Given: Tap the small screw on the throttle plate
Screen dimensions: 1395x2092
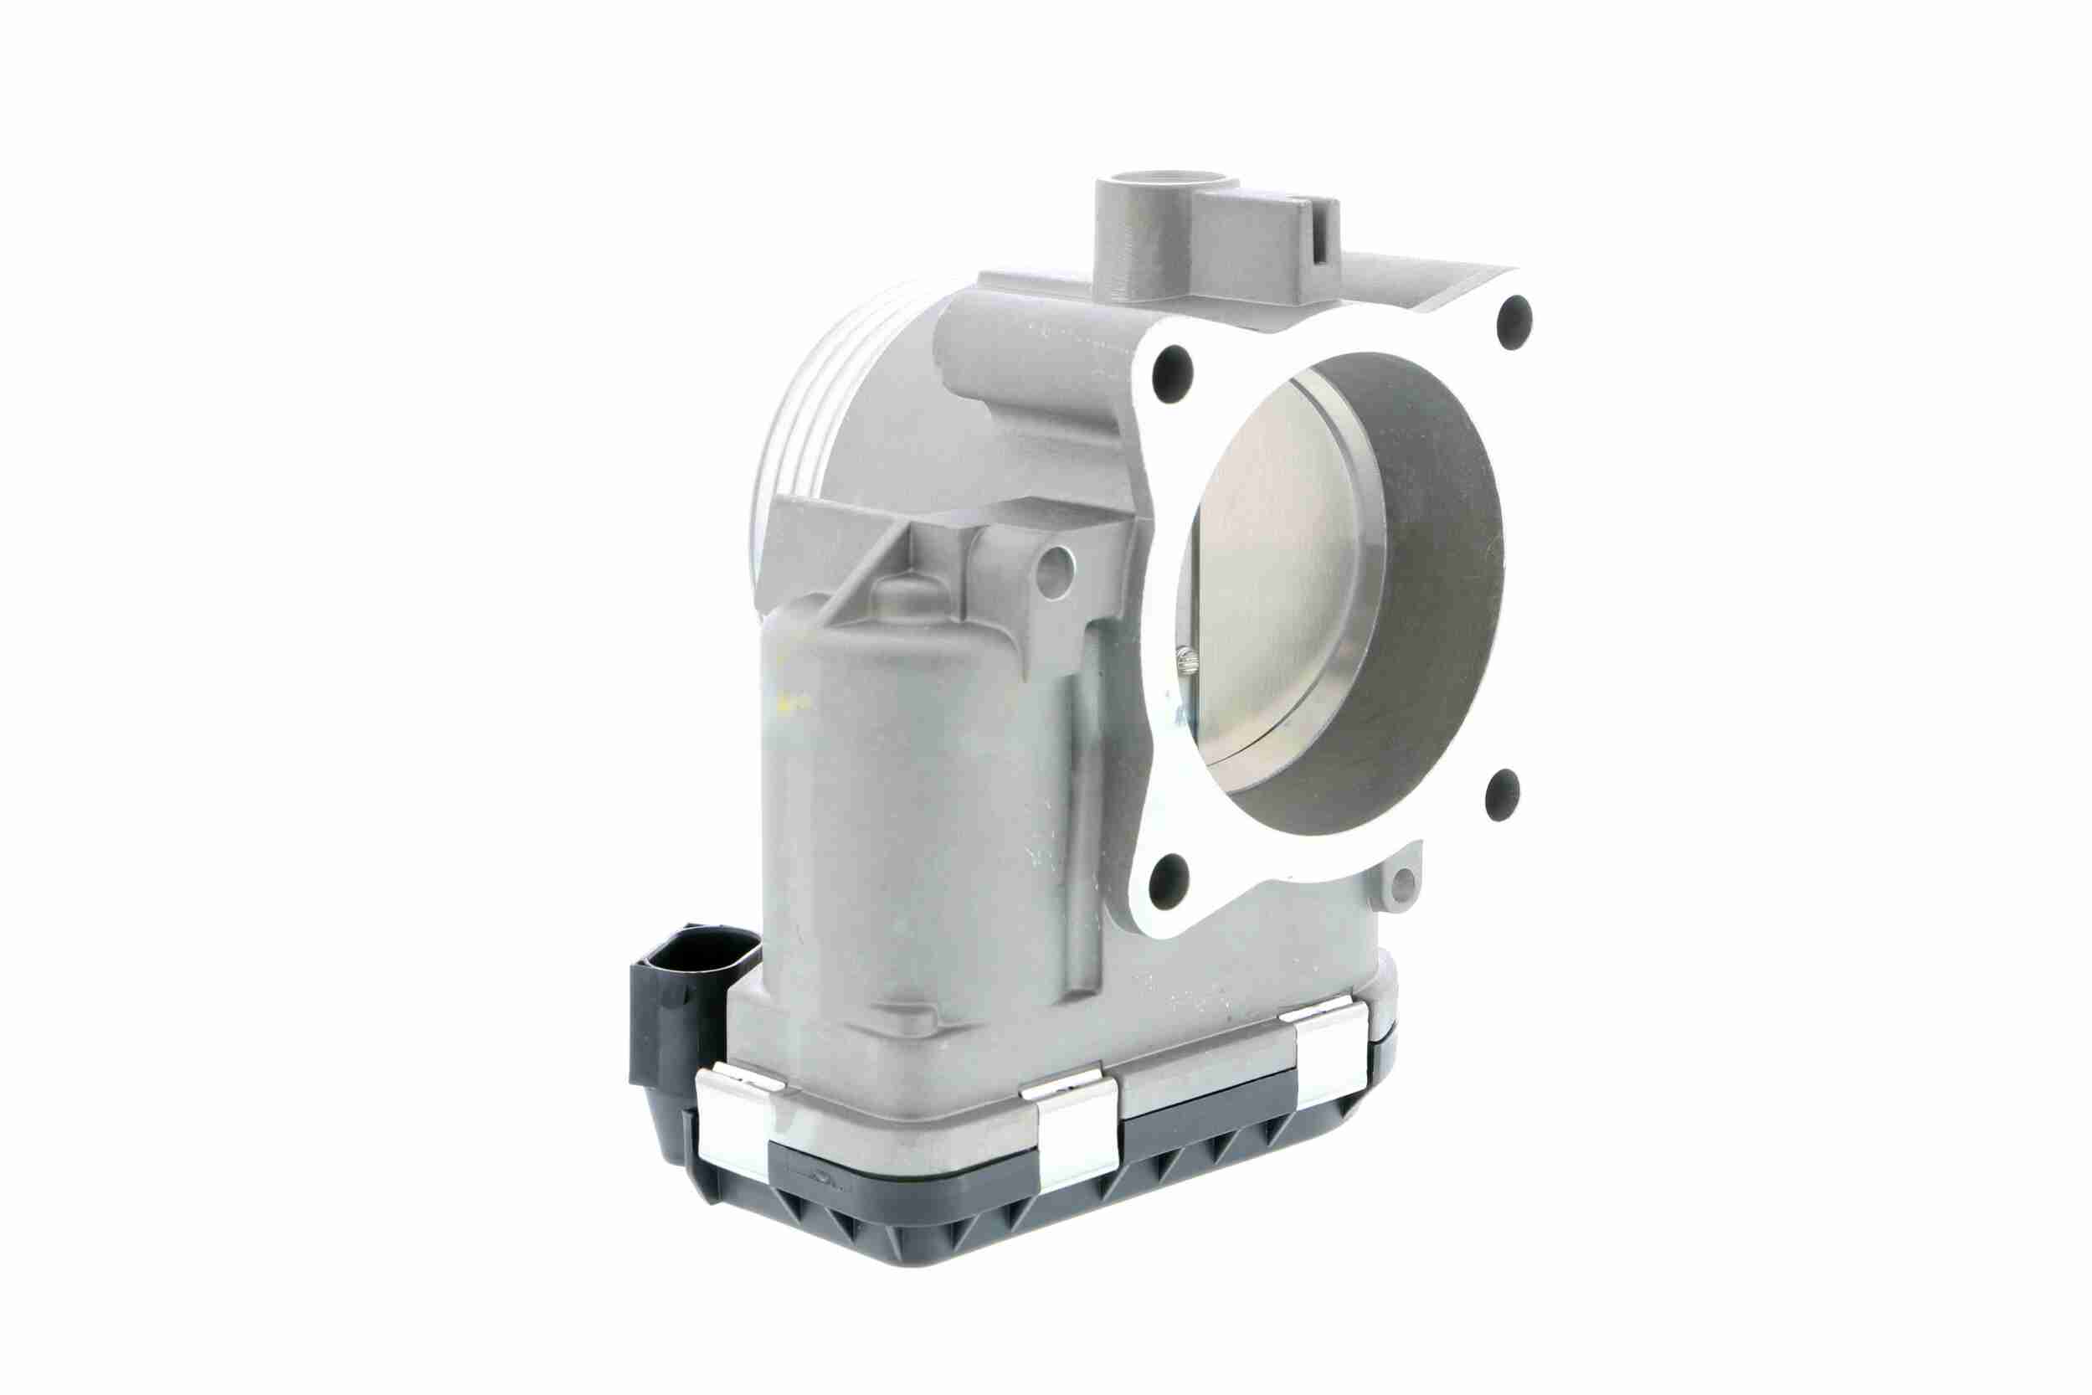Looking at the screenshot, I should click(x=1190, y=660).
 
